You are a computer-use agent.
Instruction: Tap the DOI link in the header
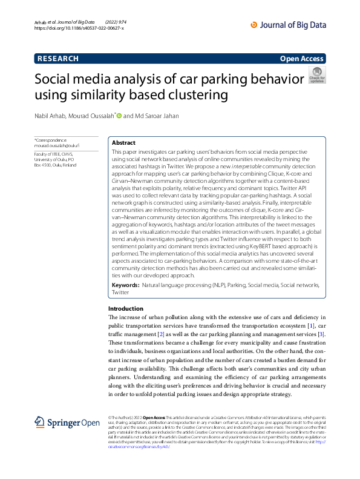(79, 28)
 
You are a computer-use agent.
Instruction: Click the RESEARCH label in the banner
(58, 59)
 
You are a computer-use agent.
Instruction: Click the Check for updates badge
(317, 75)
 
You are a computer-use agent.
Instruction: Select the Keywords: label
(126, 284)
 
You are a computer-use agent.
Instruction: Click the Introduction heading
(126, 309)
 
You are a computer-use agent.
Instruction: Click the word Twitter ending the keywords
(120, 292)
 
